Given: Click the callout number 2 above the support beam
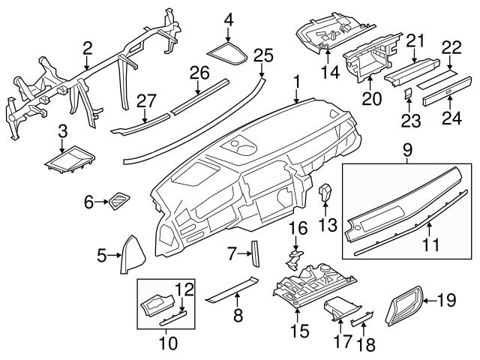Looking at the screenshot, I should click(x=88, y=49).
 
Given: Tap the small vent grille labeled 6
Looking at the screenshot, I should click(x=118, y=200).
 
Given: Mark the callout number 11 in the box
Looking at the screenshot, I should click(x=430, y=244).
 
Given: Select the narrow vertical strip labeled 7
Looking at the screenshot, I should click(x=254, y=253).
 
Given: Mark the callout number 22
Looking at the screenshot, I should click(x=450, y=46).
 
